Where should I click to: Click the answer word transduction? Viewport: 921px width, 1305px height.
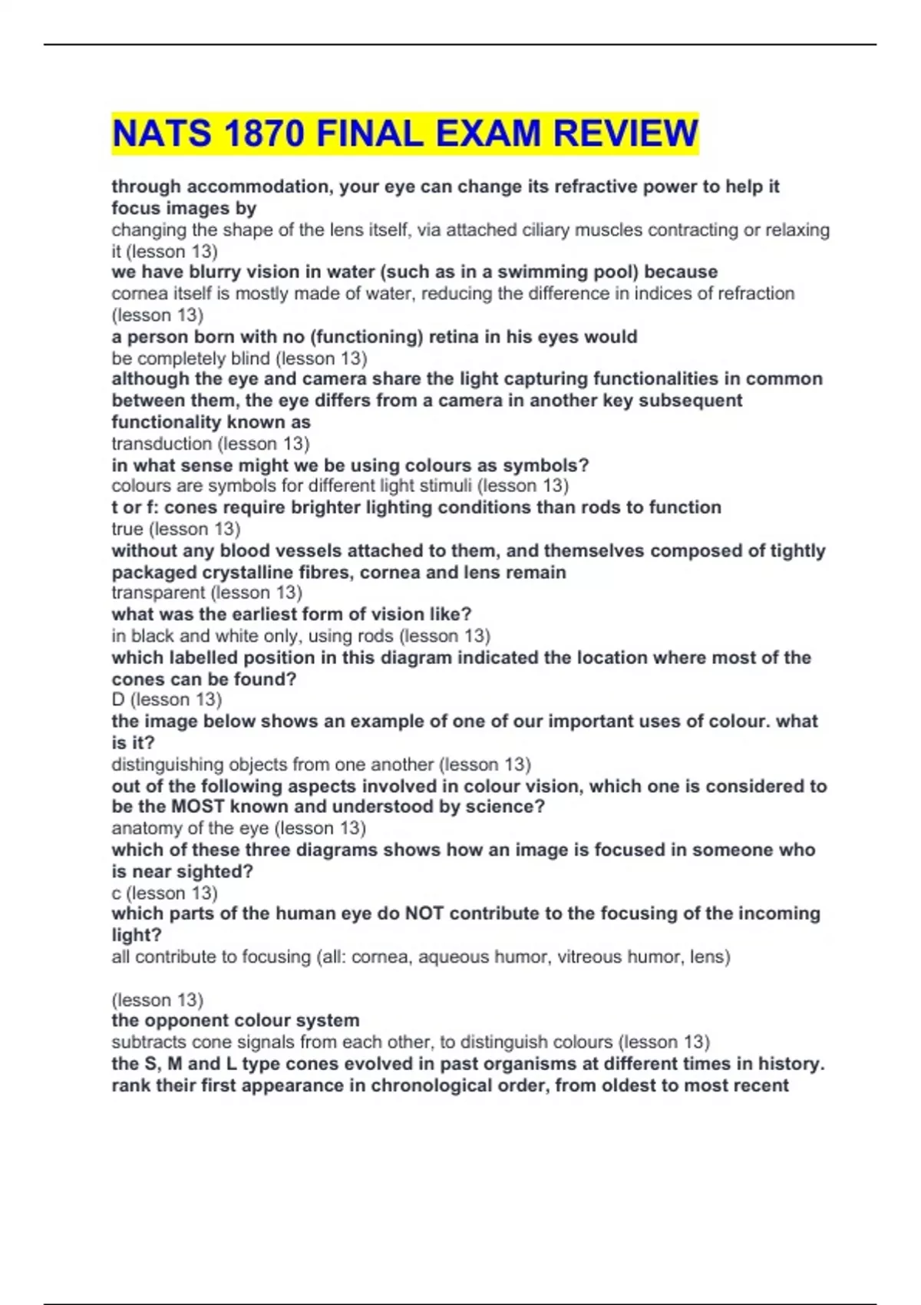coord(161,444)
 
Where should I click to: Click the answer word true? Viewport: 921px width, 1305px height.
coord(127,529)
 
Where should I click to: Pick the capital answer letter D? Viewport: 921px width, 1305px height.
coord(118,699)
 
